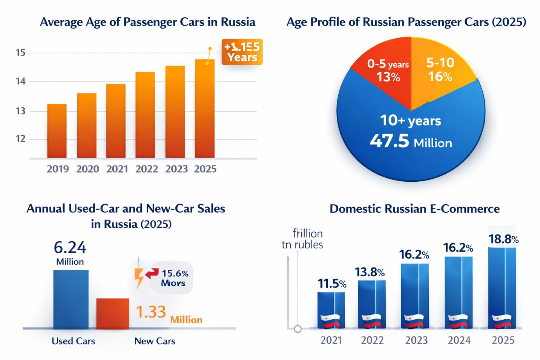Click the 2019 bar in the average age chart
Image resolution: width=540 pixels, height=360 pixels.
[x=57, y=131]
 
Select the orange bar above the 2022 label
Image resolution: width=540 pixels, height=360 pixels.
[x=145, y=115]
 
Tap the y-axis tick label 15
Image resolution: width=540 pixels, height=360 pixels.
[x=21, y=52]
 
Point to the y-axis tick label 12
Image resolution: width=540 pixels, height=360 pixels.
[x=21, y=139]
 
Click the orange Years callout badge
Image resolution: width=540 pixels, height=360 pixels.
[x=242, y=52]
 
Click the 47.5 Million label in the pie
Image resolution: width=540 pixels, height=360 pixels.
[x=411, y=142]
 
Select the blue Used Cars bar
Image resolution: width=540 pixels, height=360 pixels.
[x=71, y=299]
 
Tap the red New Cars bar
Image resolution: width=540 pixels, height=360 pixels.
[x=112, y=314]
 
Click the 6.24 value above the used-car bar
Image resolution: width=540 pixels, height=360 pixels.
[x=70, y=248]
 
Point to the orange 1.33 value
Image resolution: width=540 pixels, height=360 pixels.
[x=150, y=312]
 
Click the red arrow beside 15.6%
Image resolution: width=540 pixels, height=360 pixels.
[x=152, y=274]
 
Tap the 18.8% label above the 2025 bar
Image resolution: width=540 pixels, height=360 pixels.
[x=503, y=239]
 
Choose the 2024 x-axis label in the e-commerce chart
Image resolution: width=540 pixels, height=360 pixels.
[x=459, y=340]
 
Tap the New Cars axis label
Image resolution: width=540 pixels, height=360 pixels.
[x=155, y=341]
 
